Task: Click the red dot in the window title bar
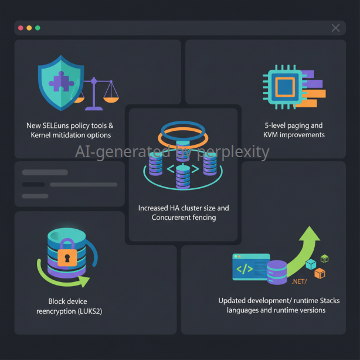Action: pos(21,28)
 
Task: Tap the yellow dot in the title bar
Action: pos(29,28)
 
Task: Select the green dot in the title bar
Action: pos(38,28)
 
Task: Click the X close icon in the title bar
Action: pos(335,28)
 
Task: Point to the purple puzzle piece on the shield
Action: pos(61,81)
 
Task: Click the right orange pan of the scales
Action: pos(111,100)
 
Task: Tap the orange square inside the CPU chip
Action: pos(285,87)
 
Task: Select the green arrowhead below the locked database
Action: pos(84,281)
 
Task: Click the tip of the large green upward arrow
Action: pos(310,226)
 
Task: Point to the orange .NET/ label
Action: pos(299,281)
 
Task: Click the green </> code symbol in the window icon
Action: pos(244,269)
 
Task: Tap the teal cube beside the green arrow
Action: pos(311,264)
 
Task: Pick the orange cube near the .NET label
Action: pos(320,273)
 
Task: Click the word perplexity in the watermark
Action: pos(233,152)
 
